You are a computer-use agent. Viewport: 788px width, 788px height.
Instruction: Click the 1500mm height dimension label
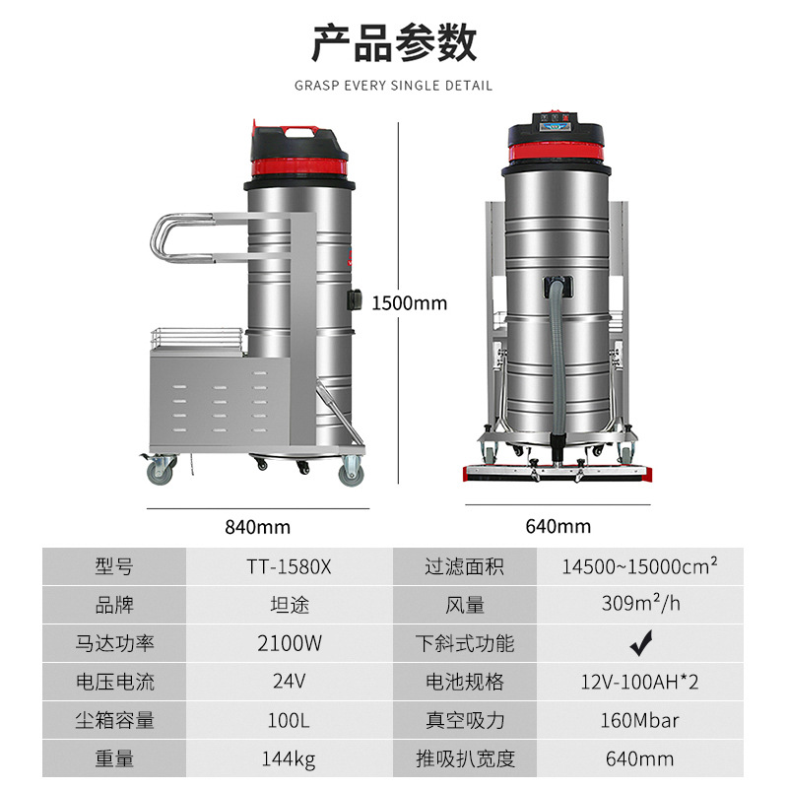[409, 303]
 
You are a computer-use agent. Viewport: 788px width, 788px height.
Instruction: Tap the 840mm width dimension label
[257, 527]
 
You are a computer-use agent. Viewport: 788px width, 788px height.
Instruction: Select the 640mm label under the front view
[558, 526]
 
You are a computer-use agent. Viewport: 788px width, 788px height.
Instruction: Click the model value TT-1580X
[289, 567]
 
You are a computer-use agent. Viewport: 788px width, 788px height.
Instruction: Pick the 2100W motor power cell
[289, 643]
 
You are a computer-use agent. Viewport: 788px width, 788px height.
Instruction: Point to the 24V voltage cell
[289, 681]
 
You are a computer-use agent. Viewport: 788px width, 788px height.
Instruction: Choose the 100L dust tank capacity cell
[289, 720]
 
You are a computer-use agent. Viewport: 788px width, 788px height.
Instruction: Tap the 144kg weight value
[289, 758]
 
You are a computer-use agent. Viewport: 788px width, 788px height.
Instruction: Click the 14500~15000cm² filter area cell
[639, 565]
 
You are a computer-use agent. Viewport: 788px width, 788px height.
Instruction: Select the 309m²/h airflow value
[641, 603]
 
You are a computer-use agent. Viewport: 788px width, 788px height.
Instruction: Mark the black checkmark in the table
[641, 643]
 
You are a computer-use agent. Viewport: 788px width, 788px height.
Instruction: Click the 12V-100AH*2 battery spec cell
[639, 682]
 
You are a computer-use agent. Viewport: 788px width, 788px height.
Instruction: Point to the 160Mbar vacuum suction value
[639, 720]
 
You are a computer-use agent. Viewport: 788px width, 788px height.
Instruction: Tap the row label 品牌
[114, 605]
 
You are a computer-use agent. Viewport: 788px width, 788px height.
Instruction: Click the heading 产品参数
[394, 42]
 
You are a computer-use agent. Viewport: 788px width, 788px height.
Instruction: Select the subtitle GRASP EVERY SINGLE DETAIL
[393, 86]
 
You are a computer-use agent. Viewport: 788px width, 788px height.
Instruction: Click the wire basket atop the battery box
[196, 340]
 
